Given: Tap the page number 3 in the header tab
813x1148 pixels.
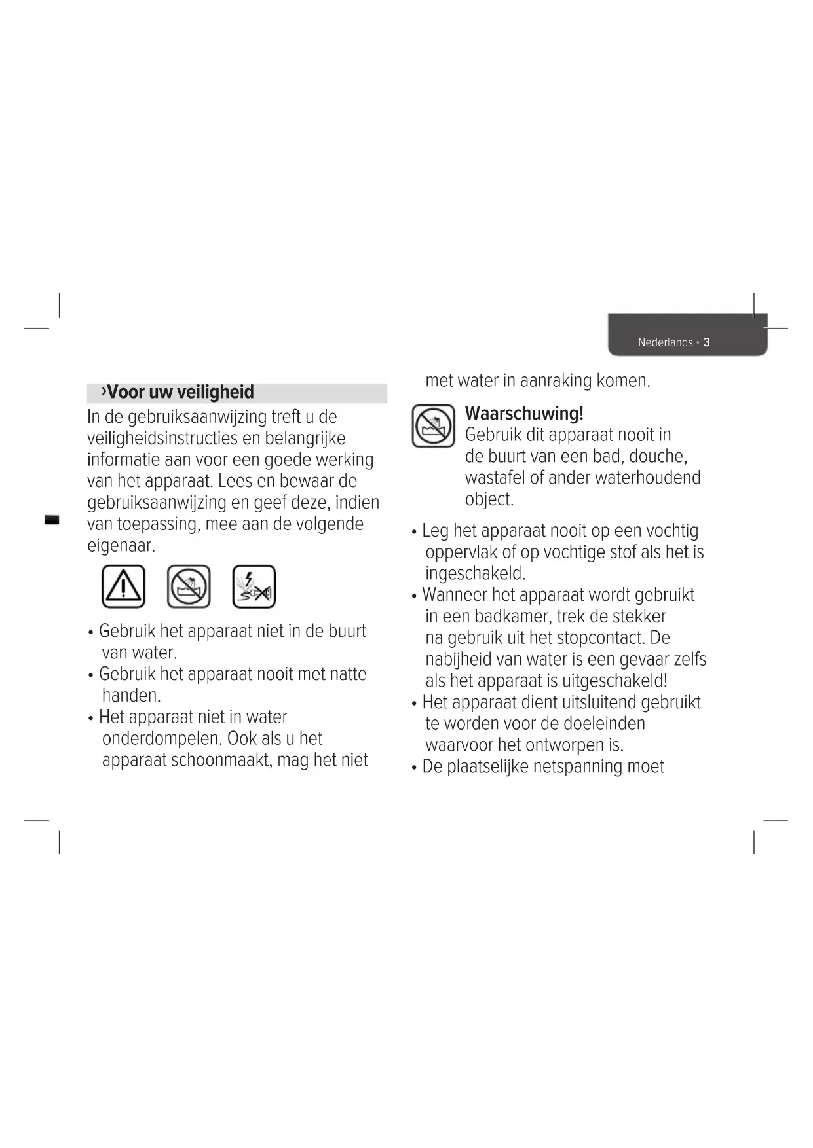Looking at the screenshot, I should point(707,342).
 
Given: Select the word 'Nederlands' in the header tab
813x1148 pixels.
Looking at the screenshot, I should point(665,342).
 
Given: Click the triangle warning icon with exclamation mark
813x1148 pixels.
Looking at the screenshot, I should point(123,586).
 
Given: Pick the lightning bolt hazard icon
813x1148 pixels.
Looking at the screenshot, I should point(254,586).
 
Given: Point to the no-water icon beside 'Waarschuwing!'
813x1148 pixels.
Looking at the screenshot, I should point(433,426).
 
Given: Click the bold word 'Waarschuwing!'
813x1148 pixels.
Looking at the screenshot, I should point(524,414).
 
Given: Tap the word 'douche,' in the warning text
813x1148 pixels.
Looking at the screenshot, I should point(658,456).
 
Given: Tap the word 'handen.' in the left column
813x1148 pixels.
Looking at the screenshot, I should point(131,696).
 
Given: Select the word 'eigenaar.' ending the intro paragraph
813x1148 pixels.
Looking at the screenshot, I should point(121,545).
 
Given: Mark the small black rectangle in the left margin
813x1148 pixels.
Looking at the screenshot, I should point(51,520).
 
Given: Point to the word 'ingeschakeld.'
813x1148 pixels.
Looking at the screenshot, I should point(476,574).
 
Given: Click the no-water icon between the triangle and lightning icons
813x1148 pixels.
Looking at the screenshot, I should point(189,586).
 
